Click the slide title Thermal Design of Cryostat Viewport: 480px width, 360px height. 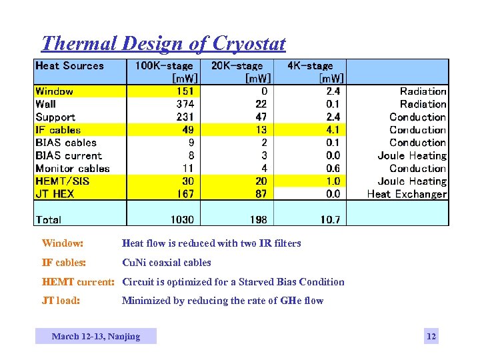pyautogui.click(x=163, y=44)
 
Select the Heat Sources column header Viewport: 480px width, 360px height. pyautogui.click(x=69, y=66)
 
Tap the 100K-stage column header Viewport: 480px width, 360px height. pyautogui.click(x=164, y=66)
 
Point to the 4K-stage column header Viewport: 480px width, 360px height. pyautogui.click(x=310, y=66)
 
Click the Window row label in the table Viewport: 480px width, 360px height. pyautogui.click(x=54, y=91)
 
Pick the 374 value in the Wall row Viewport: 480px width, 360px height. pyautogui.click(x=185, y=104)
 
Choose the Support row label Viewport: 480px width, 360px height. pyautogui.click(x=55, y=117)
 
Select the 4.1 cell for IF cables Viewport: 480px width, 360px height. pyautogui.click(x=333, y=130)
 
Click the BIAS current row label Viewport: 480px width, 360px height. pyautogui.click(x=69, y=155)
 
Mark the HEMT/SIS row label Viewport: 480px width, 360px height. pyautogui.click(x=62, y=181)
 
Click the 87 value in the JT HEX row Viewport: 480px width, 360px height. pyautogui.click(x=261, y=194)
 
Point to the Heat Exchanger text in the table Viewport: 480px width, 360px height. pyautogui.click(x=407, y=194)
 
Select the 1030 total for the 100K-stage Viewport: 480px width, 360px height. pyautogui.click(x=181, y=219)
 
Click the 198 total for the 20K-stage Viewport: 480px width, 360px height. pyautogui.click(x=258, y=219)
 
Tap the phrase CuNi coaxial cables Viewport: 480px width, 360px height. pyautogui.click(x=167, y=263)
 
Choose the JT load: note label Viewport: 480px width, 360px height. pyautogui.click(x=61, y=301)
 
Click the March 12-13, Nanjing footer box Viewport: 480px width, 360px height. pyautogui.click(x=96, y=336)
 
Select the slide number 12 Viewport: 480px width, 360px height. pyautogui.click(x=431, y=336)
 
